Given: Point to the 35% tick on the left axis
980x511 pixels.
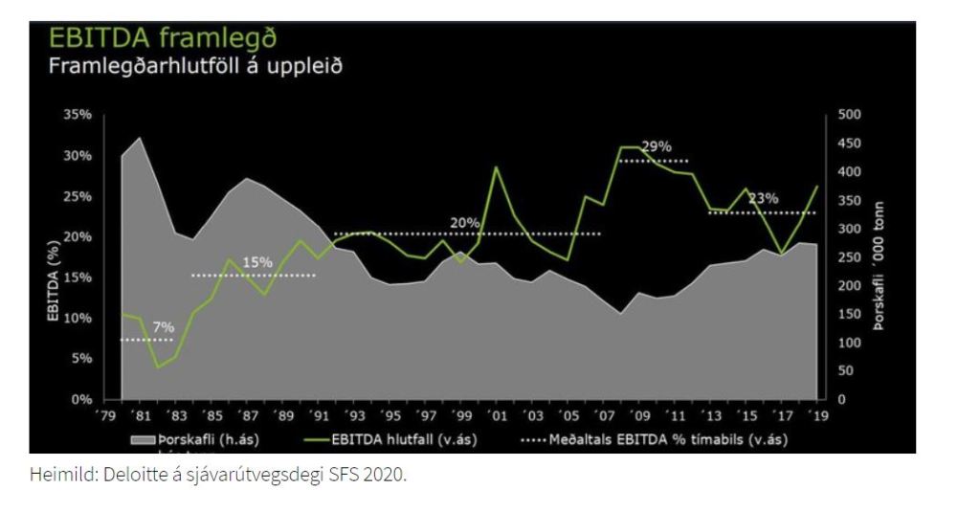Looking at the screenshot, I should pyautogui.click(x=78, y=115).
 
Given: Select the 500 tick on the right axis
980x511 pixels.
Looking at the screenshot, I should pyautogui.click(x=849, y=115).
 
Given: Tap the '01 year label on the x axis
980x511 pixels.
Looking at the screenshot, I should pyautogui.click(x=499, y=416).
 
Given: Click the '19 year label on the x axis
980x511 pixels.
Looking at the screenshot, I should pyautogui.click(x=819, y=416).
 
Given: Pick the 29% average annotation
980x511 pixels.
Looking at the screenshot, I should pyautogui.click(x=657, y=146).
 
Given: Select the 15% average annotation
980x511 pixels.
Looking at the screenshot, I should pyautogui.click(x=257, y=262).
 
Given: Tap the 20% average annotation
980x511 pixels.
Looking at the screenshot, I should pyautogui.click(x=465, y=222).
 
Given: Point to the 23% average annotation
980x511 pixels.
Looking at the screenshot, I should pyautogui.click(x=763, y=198).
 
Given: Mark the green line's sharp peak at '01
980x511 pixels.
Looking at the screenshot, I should pyautogui.click(x=497, y=167).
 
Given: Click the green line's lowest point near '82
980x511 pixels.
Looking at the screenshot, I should pyautogui.click(x=158, y=367).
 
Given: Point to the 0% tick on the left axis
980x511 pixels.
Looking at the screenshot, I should pyautogui.click(x=81, y=400).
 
